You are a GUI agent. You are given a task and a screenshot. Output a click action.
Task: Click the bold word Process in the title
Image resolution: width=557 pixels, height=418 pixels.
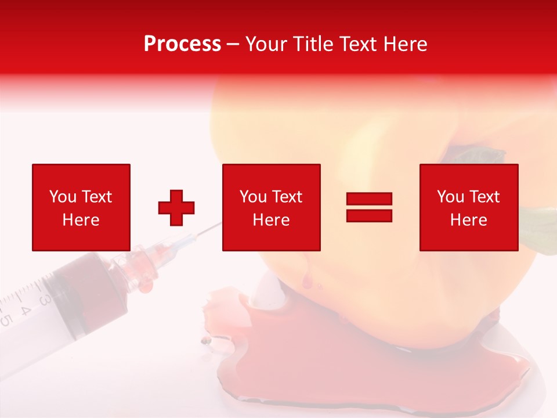(182, 44)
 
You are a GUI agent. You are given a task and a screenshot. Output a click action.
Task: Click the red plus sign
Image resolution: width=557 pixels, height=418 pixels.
(176, 208)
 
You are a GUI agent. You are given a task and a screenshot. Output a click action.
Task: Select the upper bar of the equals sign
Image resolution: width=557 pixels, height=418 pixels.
(369, 199)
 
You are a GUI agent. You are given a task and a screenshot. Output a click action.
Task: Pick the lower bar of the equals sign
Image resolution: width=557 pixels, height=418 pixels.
(369, 215)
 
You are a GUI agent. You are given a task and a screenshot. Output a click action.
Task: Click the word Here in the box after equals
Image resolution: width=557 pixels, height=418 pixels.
(468, 220)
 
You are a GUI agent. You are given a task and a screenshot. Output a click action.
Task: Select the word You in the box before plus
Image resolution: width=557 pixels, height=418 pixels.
(62, 197)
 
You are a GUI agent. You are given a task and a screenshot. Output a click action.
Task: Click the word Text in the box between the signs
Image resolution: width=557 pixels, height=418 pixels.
(285, 197)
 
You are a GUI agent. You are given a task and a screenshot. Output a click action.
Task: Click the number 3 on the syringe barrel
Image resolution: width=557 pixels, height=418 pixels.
(44, 299)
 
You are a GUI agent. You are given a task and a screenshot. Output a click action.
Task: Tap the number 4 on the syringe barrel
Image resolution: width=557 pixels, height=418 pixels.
(25, 309)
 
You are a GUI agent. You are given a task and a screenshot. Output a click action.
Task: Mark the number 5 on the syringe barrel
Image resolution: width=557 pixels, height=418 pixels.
(6, 320)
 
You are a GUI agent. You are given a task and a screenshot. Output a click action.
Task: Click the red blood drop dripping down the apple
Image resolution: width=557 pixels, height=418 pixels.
(305, 282)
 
